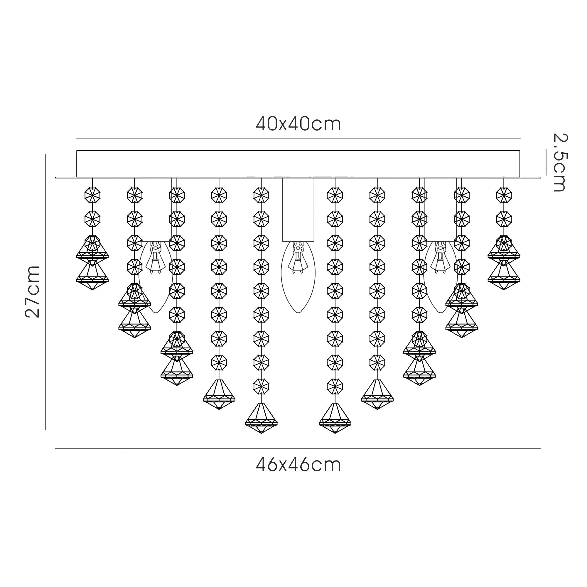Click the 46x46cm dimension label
point(298,465)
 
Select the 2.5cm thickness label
point(559,162)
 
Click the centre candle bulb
point(298,283)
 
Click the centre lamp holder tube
point(298,210)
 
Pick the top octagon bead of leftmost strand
point(92,195)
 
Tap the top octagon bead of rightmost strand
point(504,195)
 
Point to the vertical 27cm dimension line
point(45,292)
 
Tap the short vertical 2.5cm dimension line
point(546,162)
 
